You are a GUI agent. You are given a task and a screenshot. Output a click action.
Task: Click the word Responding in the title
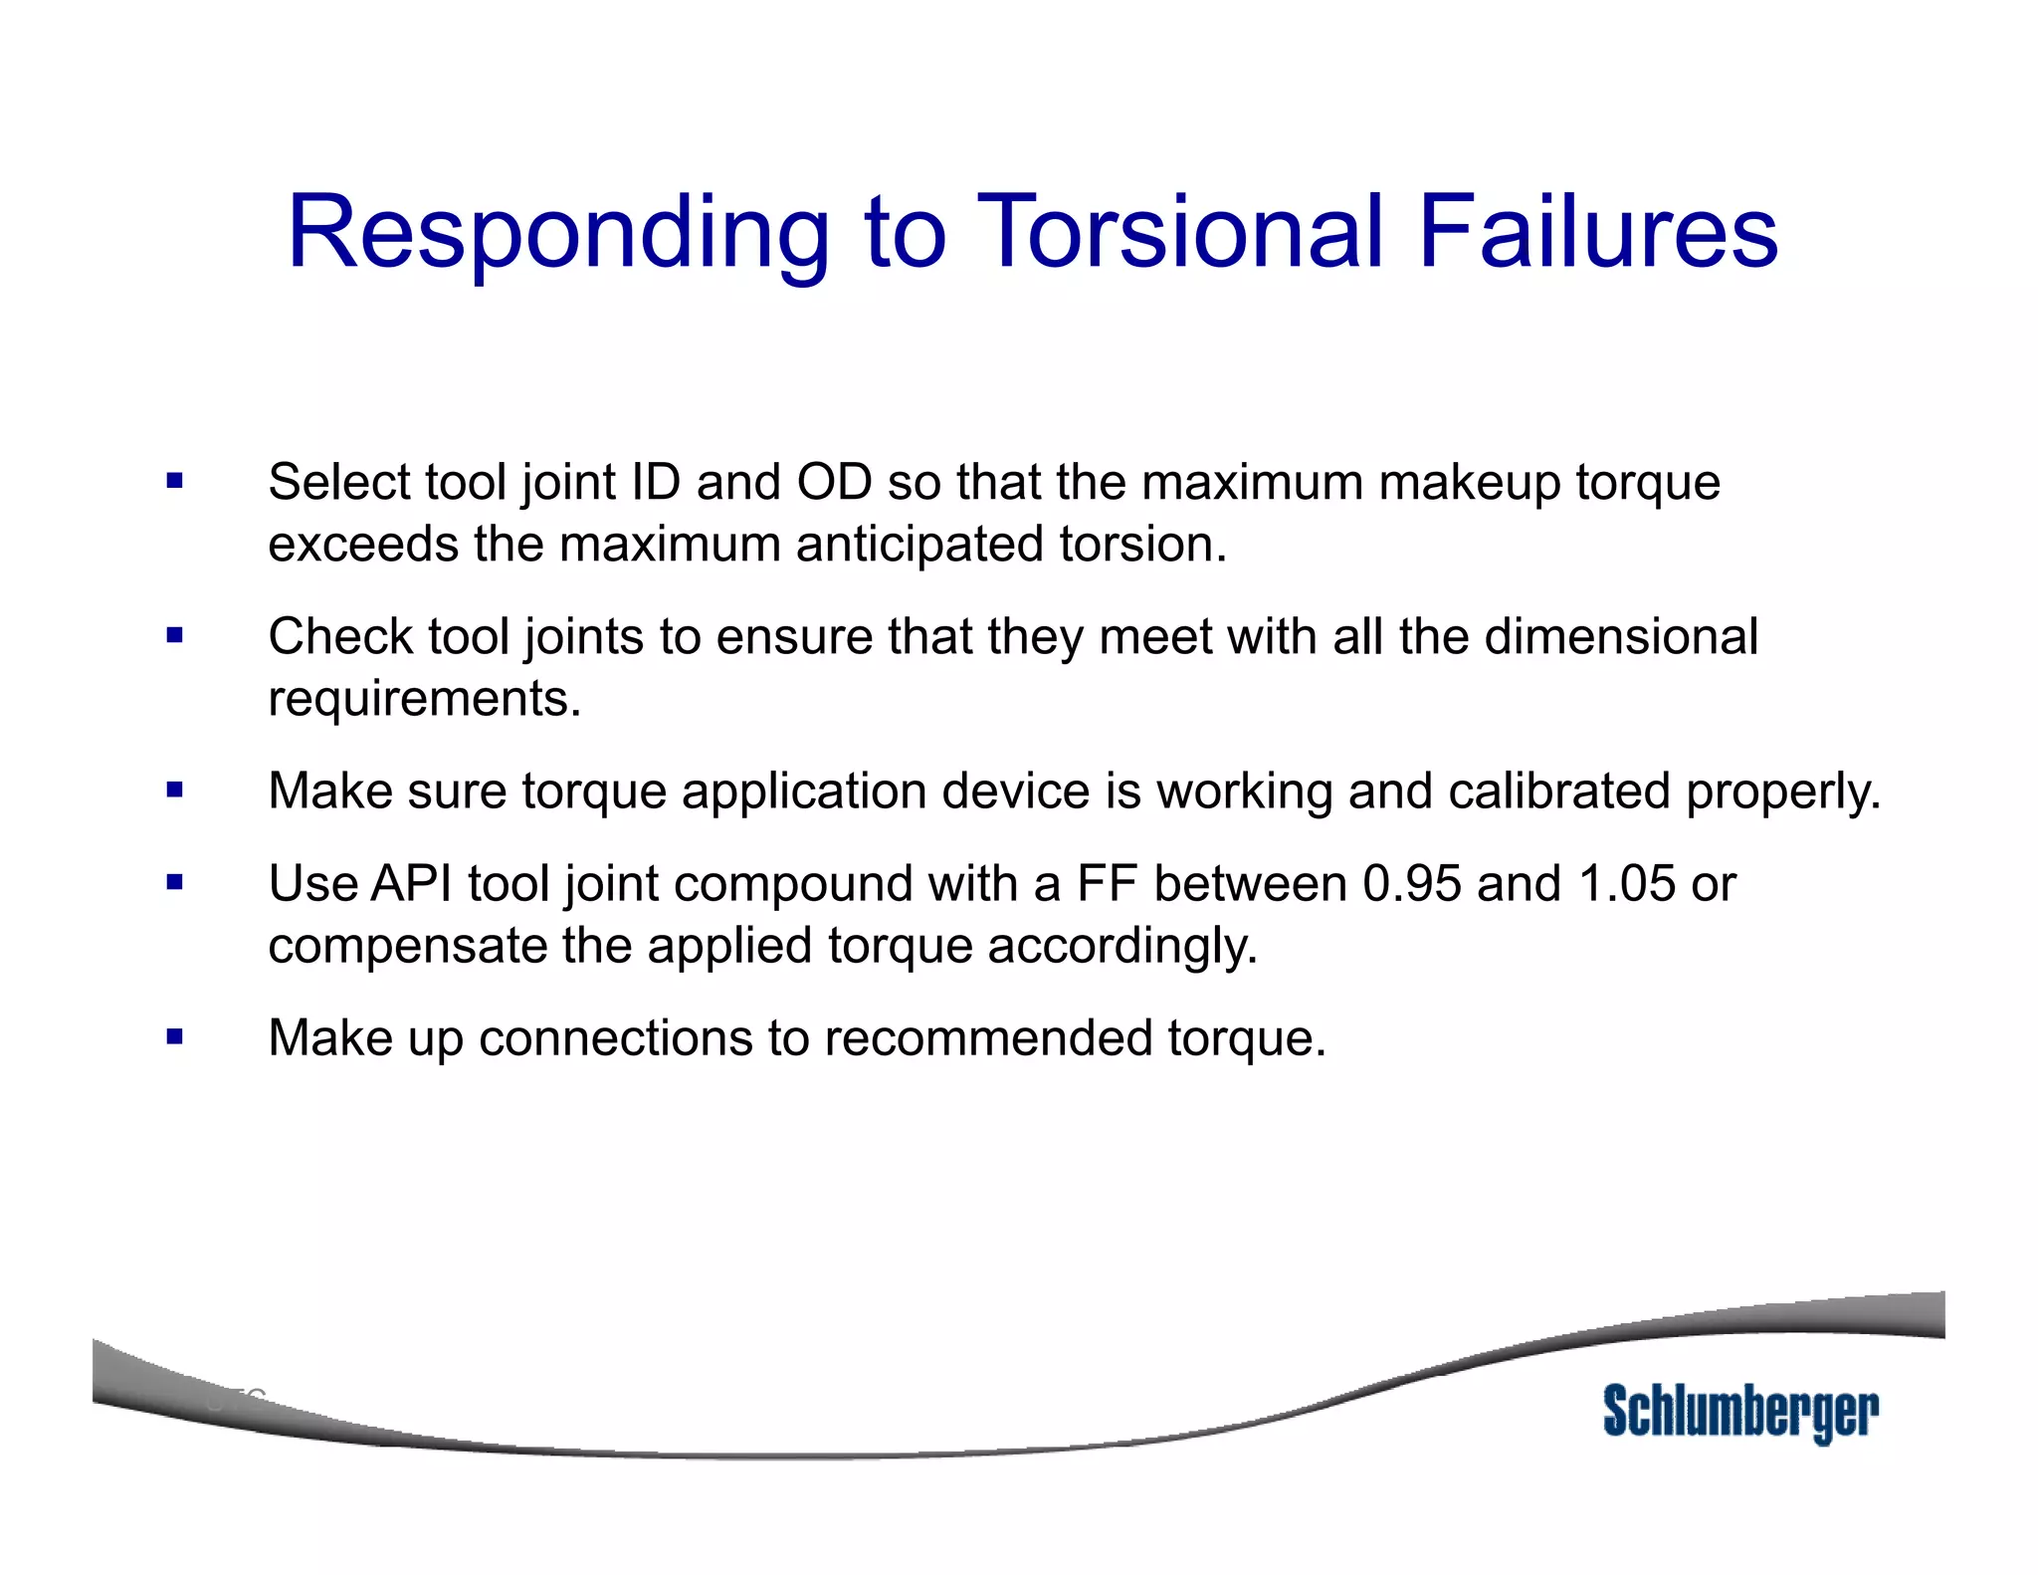557,235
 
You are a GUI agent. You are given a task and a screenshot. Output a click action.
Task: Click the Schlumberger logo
1740,1412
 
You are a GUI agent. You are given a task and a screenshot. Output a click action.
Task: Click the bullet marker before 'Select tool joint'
175,482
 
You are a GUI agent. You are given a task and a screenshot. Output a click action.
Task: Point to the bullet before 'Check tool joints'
175,635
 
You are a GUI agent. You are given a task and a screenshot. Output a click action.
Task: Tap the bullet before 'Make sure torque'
175,790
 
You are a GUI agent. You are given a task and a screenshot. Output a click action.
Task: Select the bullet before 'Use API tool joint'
175,882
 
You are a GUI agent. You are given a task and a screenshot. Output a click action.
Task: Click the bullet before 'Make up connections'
175,1037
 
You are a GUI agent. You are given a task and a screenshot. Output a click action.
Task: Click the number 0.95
1412,883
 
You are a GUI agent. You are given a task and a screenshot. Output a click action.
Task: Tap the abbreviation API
411,883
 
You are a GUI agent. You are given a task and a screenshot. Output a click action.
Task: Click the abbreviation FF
1108,883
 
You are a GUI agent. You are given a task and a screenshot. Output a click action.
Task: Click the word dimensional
1621,636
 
